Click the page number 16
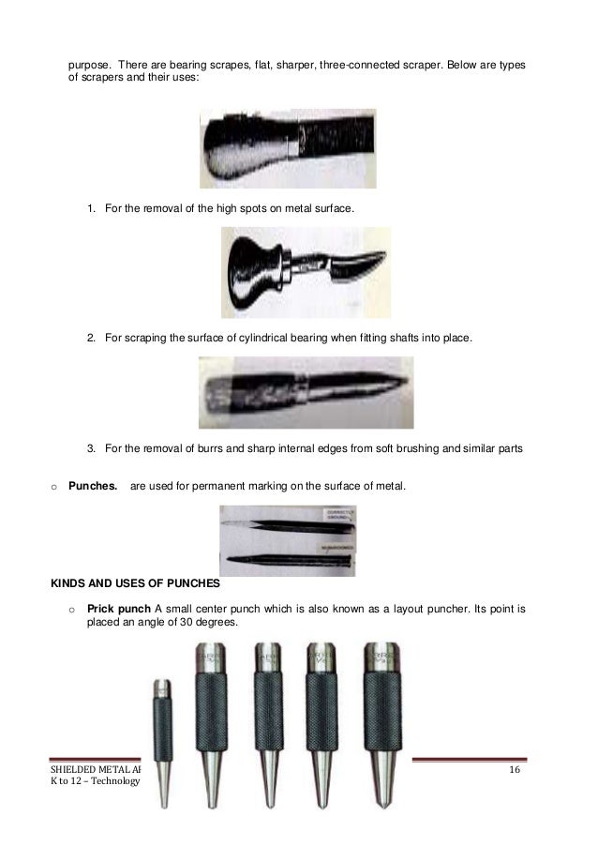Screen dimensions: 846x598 tap(515, 770)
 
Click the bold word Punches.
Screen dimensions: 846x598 tap(93, 486)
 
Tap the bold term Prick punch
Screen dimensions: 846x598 tap(119, 608)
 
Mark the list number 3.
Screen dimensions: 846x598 tap(92, 448)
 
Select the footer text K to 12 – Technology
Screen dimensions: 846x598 tap(94, 783)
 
